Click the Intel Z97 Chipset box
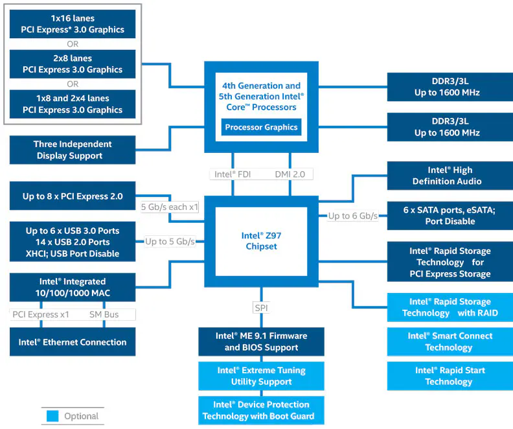[x=261, y=241]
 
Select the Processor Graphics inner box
[x=261, y=127]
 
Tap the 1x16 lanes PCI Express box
[x=73, y=24]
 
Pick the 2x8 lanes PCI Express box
[x=73, y=64]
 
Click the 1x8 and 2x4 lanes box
[x=73, y=104]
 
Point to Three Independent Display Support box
[x=73, y=150]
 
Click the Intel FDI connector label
[x=233, y=174]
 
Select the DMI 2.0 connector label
[x=290, y=174]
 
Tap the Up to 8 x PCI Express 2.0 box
[x=73, y=196]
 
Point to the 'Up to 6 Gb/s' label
[x=352, y=215]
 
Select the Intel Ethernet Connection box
[x=73, y=342]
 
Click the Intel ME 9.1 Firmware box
[x=261, y=342]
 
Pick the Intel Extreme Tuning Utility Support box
[x=261, y=376]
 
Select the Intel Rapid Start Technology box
[x=448, y=376]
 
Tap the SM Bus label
[x=104, y=314]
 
